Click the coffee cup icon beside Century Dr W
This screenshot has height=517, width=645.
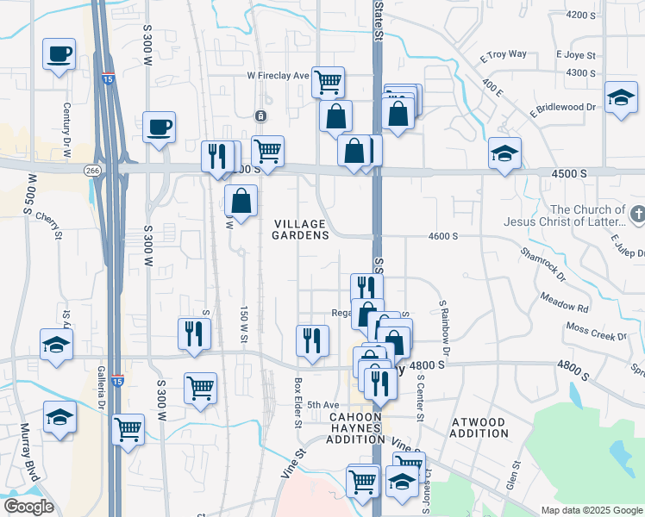click(59, 54)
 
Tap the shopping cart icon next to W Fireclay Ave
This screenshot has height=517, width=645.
click(328, 83)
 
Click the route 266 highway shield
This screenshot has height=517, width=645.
click(92, 171)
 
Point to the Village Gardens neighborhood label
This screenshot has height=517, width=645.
click(301, 229)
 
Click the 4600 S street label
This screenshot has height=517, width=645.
click(442, 235)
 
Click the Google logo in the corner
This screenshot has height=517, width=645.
click(28, 507)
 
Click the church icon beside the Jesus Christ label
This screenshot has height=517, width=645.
click(637, 212)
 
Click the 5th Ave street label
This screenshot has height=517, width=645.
click(324, 405)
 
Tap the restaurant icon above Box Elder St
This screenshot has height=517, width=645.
click(311, 340)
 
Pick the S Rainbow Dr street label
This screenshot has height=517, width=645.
click(444, 327)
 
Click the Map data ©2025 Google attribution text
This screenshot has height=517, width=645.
click(591, 510)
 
